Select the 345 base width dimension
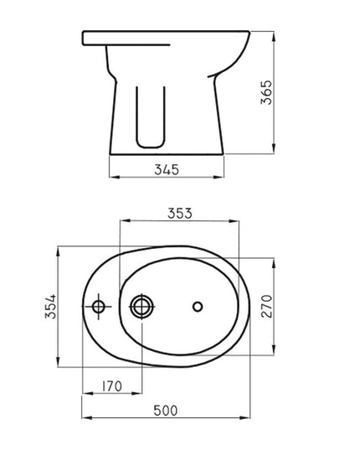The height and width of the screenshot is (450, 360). point(168,170)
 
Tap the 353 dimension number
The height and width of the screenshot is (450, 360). point(179,214)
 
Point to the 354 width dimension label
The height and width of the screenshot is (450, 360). point(49,307)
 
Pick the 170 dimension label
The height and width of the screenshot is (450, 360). point(114,386)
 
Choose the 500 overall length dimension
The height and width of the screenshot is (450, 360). point(168,411)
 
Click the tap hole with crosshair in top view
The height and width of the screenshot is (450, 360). point(99,308)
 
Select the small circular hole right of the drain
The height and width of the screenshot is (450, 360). point(198,307)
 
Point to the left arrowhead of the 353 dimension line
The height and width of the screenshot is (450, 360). point(123,221)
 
